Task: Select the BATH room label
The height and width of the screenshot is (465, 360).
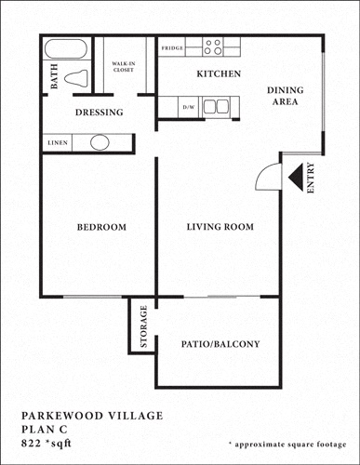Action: click(x=53, y=81)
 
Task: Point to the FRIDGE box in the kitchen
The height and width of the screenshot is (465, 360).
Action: click(x=171, y=46)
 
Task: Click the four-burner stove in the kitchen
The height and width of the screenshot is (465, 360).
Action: click(x=212, y=46)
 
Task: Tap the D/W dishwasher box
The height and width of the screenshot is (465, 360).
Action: click(x=189, y=108)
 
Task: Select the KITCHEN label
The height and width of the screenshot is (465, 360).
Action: click(x=219, y=73)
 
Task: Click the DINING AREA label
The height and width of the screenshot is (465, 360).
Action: click(x=285, y=96)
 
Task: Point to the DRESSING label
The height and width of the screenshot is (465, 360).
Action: click(x=99, y=113)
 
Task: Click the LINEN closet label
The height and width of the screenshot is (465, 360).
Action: click(x=56, y=143)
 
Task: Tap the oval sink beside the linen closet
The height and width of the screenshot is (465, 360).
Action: click(x=100, y=143)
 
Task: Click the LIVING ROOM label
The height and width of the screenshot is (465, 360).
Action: click(x=220, y=227)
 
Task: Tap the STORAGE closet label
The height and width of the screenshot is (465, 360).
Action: click(x=143, y=326)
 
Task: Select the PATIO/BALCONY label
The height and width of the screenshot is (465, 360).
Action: click(x=220, y=344)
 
